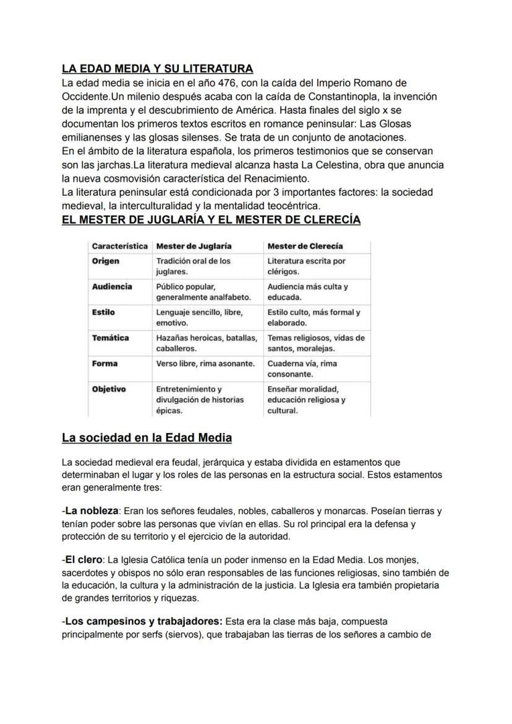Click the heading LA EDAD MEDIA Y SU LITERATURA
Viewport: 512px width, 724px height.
(158, 68)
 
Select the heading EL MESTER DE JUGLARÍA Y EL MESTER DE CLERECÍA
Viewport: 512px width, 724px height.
(211, 220)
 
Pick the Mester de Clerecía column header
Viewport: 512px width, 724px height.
(305, 246)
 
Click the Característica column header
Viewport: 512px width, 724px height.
(119, 246)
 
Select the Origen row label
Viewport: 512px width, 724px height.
(105, 261)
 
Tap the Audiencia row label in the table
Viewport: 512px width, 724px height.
(111, 287)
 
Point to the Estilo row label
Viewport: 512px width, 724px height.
(103, 312)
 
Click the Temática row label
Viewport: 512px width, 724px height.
(110, 338)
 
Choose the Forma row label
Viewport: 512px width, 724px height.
(105, 364)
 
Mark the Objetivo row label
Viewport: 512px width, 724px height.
(108, 389)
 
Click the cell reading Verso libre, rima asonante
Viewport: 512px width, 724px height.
(205, 364)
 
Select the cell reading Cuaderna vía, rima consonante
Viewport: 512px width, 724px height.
(302, 369)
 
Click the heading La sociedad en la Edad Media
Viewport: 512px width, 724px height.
(147, 438)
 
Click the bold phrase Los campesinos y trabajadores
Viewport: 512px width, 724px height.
(143, 621)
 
